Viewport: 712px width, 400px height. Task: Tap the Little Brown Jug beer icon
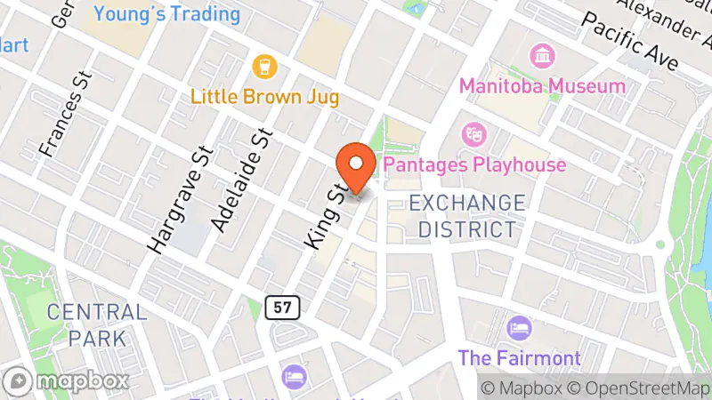point(264,66)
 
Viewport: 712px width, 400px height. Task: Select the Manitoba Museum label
point(541,86)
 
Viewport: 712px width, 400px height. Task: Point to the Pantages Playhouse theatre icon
point(472,135)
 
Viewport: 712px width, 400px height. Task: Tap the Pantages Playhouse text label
point(473,165)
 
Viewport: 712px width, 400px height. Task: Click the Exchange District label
point(467,216)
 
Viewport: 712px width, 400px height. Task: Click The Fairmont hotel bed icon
point(518,330)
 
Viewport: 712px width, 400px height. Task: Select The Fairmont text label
point(519,359)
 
